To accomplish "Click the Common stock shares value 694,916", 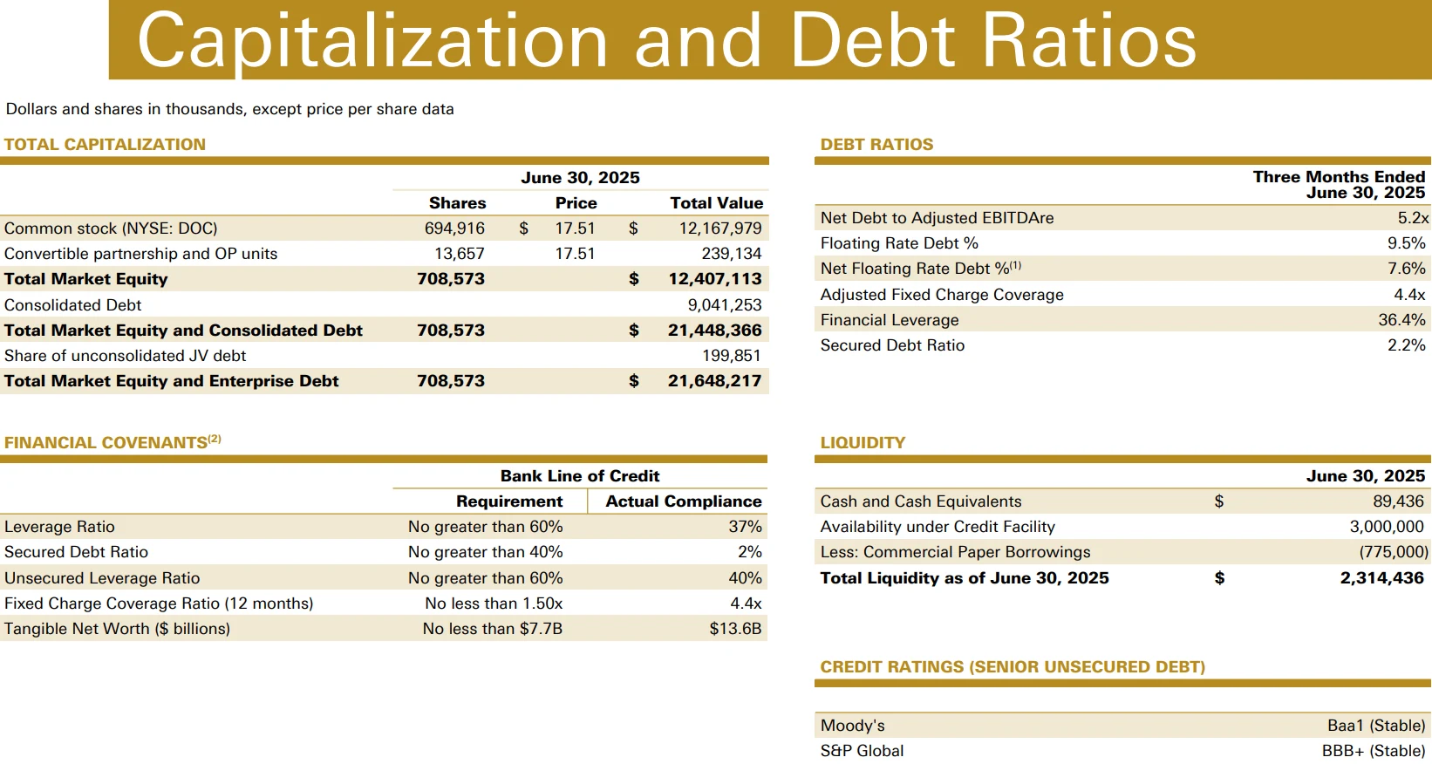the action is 454,229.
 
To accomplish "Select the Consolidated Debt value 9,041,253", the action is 725,305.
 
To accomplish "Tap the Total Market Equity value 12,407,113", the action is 715,279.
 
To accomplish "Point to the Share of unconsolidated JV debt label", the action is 125,356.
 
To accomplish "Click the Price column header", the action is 576,203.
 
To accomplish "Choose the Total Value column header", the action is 717,203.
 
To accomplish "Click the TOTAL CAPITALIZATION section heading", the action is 105,145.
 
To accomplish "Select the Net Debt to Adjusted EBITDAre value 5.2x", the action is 1413,218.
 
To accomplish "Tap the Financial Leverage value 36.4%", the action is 1402,320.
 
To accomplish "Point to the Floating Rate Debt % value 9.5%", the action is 1407,243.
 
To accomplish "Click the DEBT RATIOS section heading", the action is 876,145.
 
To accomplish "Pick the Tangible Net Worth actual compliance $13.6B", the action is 735,629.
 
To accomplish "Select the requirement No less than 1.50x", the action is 494,604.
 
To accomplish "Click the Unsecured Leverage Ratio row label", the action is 102,578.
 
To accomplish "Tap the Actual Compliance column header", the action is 684,501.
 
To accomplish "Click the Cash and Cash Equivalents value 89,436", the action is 1398,501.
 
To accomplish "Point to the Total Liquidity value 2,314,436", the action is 1381,578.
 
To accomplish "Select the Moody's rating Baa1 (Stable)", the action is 1376,726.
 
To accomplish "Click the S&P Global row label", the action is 862,751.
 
